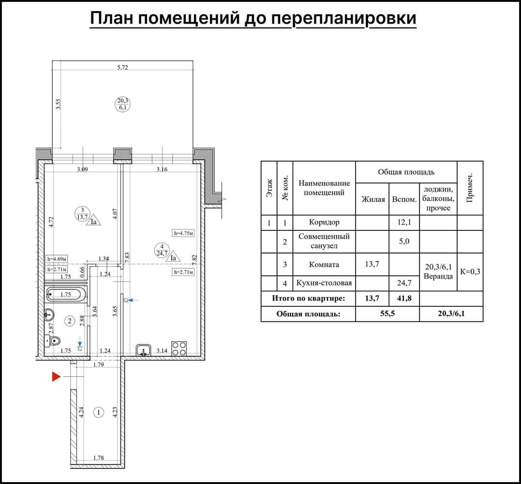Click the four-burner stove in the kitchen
pos(179,348)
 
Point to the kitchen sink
pos(143,350)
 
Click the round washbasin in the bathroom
pos(49,315)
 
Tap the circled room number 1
pos(99,412)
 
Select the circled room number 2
pos(70,320)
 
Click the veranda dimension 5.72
pos(122,67)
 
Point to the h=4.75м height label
pos(183,233)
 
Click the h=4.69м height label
pos(56,258)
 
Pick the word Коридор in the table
pos(324,222)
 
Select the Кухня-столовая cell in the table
pos(324,283)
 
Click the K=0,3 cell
pos(470,272)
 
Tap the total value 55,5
pos(387,314)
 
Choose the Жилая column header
pos(372,199)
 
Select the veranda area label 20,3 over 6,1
pos(122,104)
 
